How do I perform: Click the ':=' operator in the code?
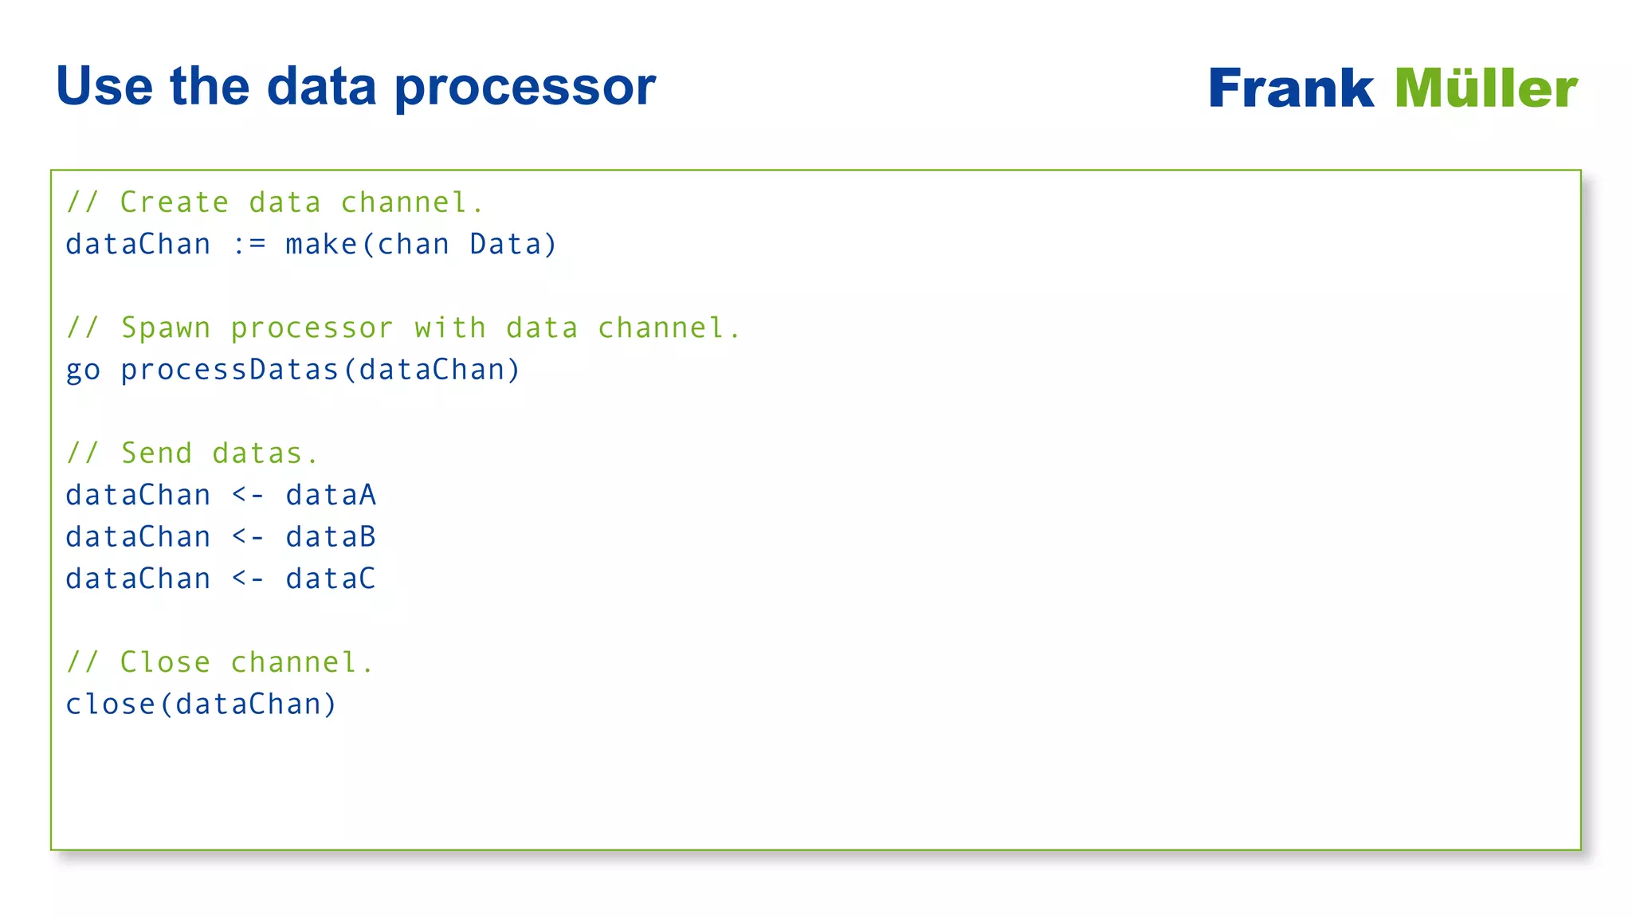pyautogui.click(x=249, y=245)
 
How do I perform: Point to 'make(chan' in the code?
pyautogui.click(x=367, y=245)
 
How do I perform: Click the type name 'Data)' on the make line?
pyautogui.click(x=513, y=245)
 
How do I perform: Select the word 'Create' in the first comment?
pyautogui.click(x=175, y=202)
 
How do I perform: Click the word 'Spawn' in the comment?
pyautogui.click(x=166, y=328)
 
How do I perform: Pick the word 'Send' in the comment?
pyautogui.click(x=156, y=453)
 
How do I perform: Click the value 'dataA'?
pyautogui.click(x=331, y=496)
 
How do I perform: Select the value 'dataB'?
pyautogui.click(x=331, y=537)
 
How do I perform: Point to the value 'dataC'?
pyautogui.click(x=331, y=579)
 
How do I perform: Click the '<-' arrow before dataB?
pyautogui.click(x=248, y=538)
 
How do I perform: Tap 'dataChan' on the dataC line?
pyautogui.click(x=138, y=579)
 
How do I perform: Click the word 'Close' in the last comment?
pyautogui.click(x=165, y=662)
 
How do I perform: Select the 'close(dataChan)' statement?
pyautogui.click(x=201, y=704)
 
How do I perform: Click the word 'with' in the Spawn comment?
pyautogui.click(x=449, y=328)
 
